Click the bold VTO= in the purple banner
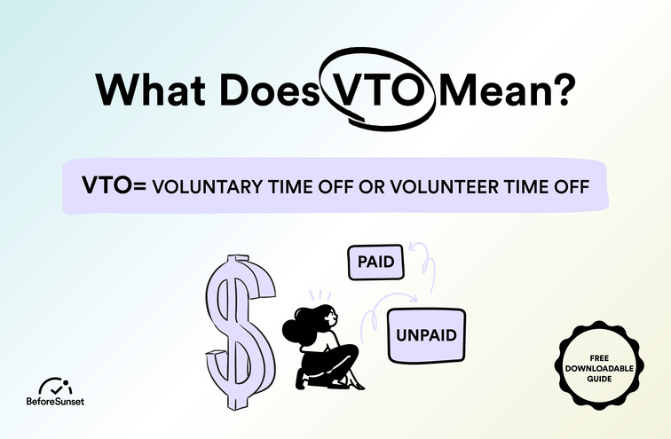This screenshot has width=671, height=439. pos(114,187)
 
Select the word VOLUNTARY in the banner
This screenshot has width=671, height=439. pos(206,188)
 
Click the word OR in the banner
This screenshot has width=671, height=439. pos(367,188)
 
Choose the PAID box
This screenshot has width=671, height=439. pos(375,263)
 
